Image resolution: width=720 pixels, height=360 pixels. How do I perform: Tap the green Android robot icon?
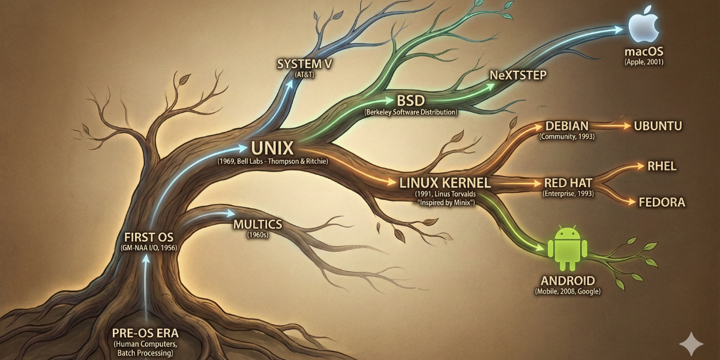pos(567,248)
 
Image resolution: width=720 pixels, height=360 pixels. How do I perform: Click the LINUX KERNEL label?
pos(445,182)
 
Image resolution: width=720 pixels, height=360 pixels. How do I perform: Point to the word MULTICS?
pos(257,224)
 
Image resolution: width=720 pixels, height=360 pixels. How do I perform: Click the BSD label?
pos(410,100)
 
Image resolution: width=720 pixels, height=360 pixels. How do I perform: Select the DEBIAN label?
pos(566,126)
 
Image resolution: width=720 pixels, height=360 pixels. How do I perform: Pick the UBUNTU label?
pos(658,126)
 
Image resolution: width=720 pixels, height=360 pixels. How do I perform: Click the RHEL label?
pos(661,166)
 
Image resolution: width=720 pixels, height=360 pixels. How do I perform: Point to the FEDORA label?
pos(662,202)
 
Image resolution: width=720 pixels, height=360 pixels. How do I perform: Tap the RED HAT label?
pos(567,183)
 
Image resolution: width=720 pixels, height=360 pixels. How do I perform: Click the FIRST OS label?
pos(148,236)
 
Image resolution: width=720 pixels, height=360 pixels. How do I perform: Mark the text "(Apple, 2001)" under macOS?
pos(644,62)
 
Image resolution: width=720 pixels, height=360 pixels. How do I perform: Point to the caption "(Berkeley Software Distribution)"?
pos(410,112)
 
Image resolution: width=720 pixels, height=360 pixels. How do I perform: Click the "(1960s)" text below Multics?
pos(257,235)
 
